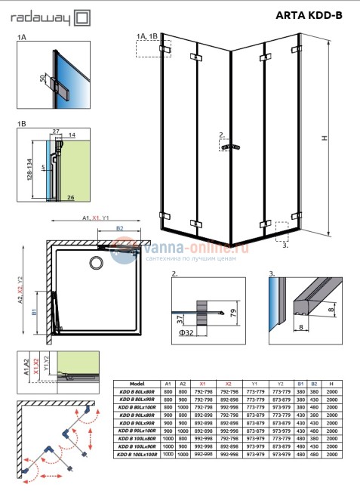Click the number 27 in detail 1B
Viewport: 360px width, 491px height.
57,131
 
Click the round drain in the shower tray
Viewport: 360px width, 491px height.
96,262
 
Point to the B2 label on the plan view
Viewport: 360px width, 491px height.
118,227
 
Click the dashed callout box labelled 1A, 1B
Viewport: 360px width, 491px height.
147,47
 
